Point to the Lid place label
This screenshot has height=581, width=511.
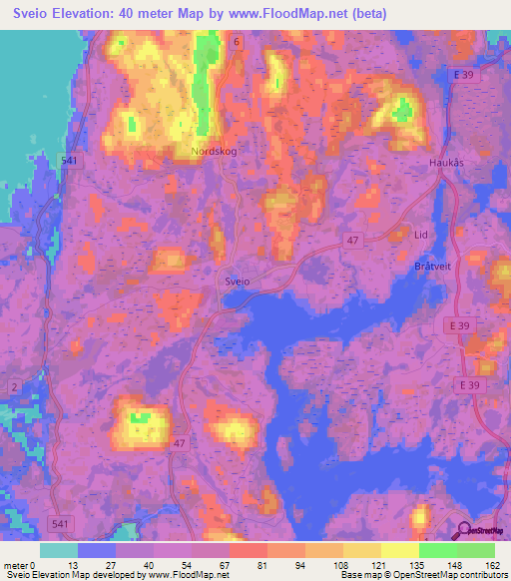(x=421, y=235)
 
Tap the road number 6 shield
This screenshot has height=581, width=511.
(x=238, y=42)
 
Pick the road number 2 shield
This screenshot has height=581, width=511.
(x=14, y=386)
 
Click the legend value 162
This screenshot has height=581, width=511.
(x=493, y=565)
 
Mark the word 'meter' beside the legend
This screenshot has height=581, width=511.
(x=17, y=565)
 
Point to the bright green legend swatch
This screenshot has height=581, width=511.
(x=437, y=550)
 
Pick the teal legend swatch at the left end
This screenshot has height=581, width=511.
(x=59, y=550)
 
